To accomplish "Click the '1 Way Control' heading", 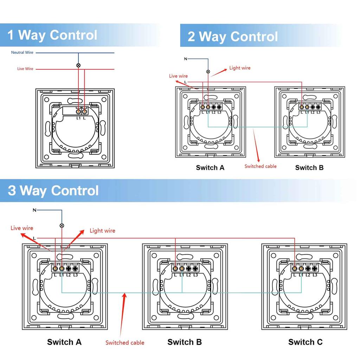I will pos(52,35).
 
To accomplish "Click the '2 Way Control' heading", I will pos(232,37).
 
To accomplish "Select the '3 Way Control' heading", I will pos(53,191).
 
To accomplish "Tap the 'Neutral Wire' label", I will pos(22,53).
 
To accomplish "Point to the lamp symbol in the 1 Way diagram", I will pos(78,65).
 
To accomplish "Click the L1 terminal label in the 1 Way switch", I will pos(79,118).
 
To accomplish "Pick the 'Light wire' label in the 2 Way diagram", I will pos(240,68).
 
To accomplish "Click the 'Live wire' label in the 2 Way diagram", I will pos(178,76).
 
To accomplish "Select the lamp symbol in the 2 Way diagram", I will pos(208,72).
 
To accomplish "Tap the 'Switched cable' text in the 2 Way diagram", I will pos(261,166).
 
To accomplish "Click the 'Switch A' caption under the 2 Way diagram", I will pos(210,168).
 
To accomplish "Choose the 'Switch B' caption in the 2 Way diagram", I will pos(309,168).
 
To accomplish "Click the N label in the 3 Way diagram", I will pos(34,210).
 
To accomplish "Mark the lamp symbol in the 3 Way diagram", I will pos(62,225).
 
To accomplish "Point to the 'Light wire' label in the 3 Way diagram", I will pos(102,231).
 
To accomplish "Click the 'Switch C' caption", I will pos(305,342).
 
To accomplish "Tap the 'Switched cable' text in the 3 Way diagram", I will pos(125,342).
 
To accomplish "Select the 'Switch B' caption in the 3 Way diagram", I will pos(185,342).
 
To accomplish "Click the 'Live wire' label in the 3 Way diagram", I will pos(22,228).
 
